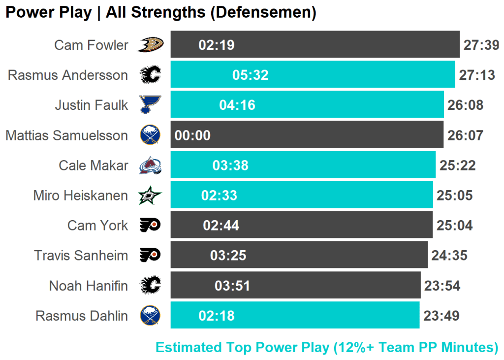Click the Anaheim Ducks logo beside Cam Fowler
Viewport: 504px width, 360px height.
[x=150, y=45]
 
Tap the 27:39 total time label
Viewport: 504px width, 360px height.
[x=481, y=45]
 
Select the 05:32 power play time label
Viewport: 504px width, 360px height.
[x=251, y=75]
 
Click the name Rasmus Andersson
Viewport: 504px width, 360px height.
[x=68, y=75]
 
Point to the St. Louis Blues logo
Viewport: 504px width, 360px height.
[x=150, y=105]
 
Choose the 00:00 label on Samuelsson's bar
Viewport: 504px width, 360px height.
[x=192, y=135]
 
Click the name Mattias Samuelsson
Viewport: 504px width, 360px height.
[x=66, y=135]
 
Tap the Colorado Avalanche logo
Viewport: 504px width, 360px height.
[x=150, y=165]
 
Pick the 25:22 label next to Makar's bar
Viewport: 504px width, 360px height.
[x=457, y=165]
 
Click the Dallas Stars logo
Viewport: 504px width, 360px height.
[x=150, y=196]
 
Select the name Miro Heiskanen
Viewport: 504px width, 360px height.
[x=81, y=196]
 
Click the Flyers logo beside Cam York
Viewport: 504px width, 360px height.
[x=150, y=226]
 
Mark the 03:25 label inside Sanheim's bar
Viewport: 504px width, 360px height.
[x=228, y=256]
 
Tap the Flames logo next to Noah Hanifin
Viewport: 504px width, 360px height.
[x=150, y=286]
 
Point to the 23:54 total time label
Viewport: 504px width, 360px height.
[x=441, y=286]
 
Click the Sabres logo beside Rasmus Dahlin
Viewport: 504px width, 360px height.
[x=150, y=316]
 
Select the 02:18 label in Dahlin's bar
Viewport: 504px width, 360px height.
[x=217, y=316]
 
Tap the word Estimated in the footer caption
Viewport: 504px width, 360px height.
[x=189, y=347]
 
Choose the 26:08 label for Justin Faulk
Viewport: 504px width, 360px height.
[x=465, y=105]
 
